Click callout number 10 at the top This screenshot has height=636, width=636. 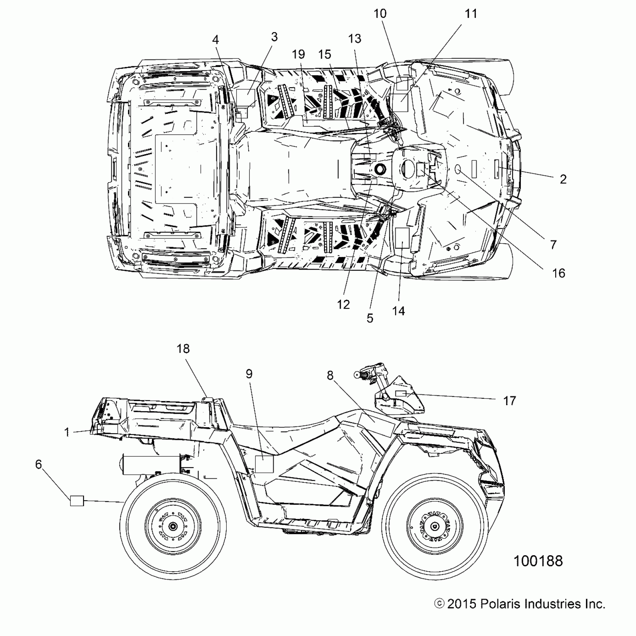[x=380, y=14]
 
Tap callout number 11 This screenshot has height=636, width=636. [x=471, y=14]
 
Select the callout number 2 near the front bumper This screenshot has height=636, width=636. [x=563, y=179]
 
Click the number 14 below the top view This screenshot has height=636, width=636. [x=398, y=311]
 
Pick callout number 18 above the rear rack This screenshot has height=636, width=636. [x=183, y=349]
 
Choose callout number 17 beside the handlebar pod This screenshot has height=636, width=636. [x=510, y=401]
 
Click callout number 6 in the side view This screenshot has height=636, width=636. [x=39, y=464]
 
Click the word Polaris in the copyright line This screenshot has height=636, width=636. [x=504, y=604]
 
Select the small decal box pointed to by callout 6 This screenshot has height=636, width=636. [x=77, y=501]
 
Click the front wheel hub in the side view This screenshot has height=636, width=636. [x=434, y=526]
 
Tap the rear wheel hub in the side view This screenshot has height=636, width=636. [x=173, y=526]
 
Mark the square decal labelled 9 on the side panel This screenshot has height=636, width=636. [x=264, y=464]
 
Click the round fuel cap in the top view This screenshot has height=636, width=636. [x=379, y=169]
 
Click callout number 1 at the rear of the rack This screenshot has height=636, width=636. [x=67, y=432]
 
